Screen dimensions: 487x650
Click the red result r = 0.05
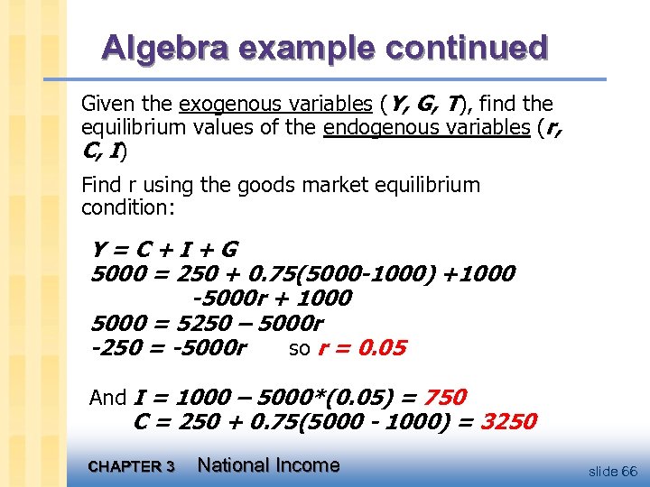tap(362, 348)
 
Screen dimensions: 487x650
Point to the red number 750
tap(444, 397)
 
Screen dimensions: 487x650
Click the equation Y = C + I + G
tap(164, 250)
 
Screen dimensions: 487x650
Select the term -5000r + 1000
tap(272, 299)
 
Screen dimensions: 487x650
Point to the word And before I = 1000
tap(108, 398)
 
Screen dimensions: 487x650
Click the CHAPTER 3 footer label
tap(132, 467)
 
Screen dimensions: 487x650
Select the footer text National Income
tap(268, 465)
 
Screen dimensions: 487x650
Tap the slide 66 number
tap(612, 472)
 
